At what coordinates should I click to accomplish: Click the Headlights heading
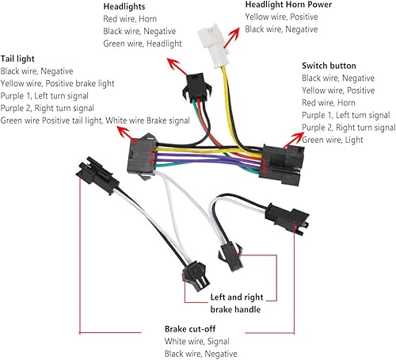[125, 7]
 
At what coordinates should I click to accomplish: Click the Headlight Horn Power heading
[287, 5]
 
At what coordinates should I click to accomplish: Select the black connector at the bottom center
[195, 272]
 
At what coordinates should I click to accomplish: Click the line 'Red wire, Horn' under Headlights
[131, 20]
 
